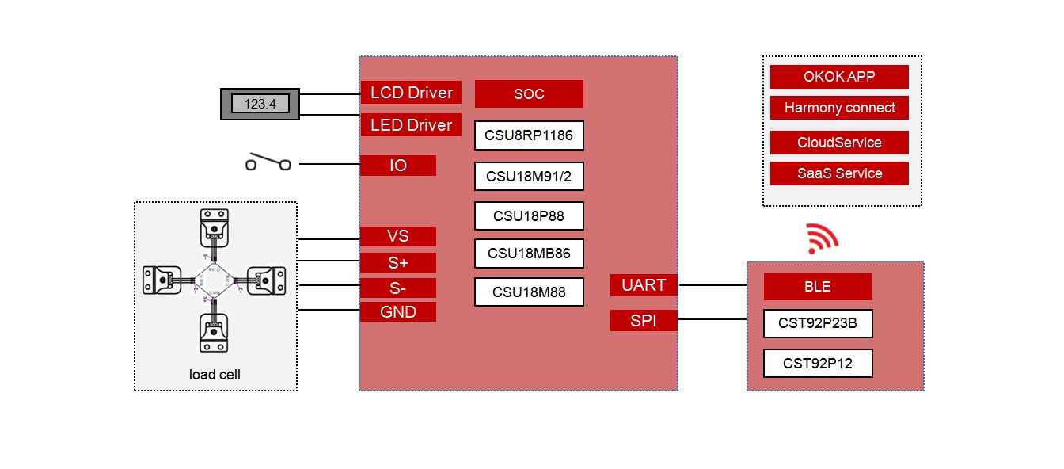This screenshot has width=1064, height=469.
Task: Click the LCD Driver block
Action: coord(411,93)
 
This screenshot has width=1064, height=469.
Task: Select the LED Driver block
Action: coord(411,125)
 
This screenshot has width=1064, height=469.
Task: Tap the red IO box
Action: coord(398,166)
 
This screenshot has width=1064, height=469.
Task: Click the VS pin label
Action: coord(398,236)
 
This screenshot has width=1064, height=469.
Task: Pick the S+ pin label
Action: coord(398,262)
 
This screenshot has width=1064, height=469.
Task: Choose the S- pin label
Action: coord(398,288)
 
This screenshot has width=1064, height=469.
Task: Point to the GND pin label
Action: coord(398,312)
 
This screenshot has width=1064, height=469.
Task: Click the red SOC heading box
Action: coord(529,93)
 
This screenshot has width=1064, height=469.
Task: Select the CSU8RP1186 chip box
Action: coord(529,135)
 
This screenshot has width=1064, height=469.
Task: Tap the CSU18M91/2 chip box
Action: coord(529,175)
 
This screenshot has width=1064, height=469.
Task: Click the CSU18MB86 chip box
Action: coord(529,254)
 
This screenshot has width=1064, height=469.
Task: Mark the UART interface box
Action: coord(644,285)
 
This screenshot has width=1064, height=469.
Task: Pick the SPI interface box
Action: coord(644,321)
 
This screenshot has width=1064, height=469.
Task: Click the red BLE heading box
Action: coord(818,286)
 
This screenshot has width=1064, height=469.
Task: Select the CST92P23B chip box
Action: coord(818,323)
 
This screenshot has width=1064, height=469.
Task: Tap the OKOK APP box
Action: coord(839,77)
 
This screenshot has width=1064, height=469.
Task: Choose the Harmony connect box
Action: coord(839,108)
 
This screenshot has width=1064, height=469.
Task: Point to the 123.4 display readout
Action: coord(260,104)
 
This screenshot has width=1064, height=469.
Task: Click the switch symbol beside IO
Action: coord(268,163)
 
